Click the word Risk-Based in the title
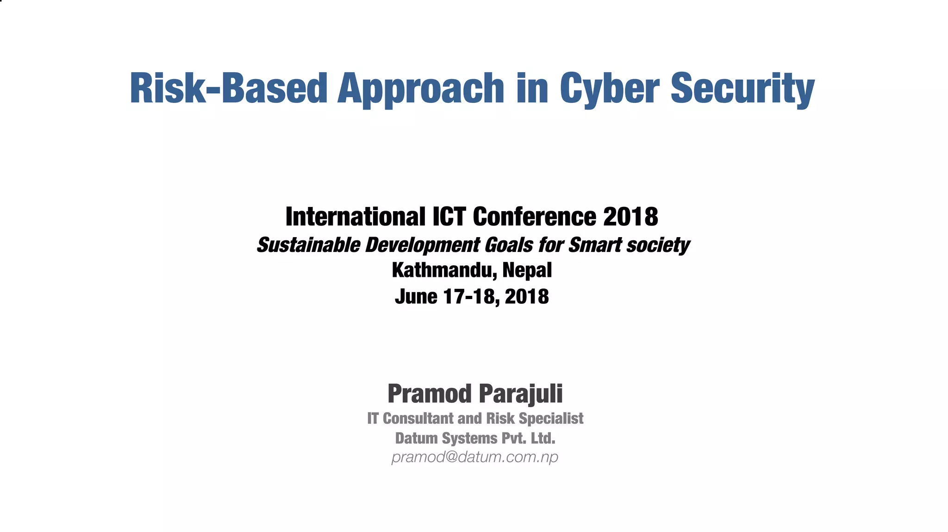[229, 88]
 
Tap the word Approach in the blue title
[420, 88]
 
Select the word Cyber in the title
[609, 88]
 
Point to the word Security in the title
[742, 88]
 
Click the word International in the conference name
[355, 217]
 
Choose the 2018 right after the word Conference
[630, 217]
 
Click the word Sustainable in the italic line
[308, 245]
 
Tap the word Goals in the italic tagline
[508, 245]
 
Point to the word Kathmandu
[444, 270]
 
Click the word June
[416, 297]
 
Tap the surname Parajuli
[521, 394]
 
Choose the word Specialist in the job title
[551, 419]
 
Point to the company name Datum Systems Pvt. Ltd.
[475, 438]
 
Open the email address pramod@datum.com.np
[475, 457]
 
